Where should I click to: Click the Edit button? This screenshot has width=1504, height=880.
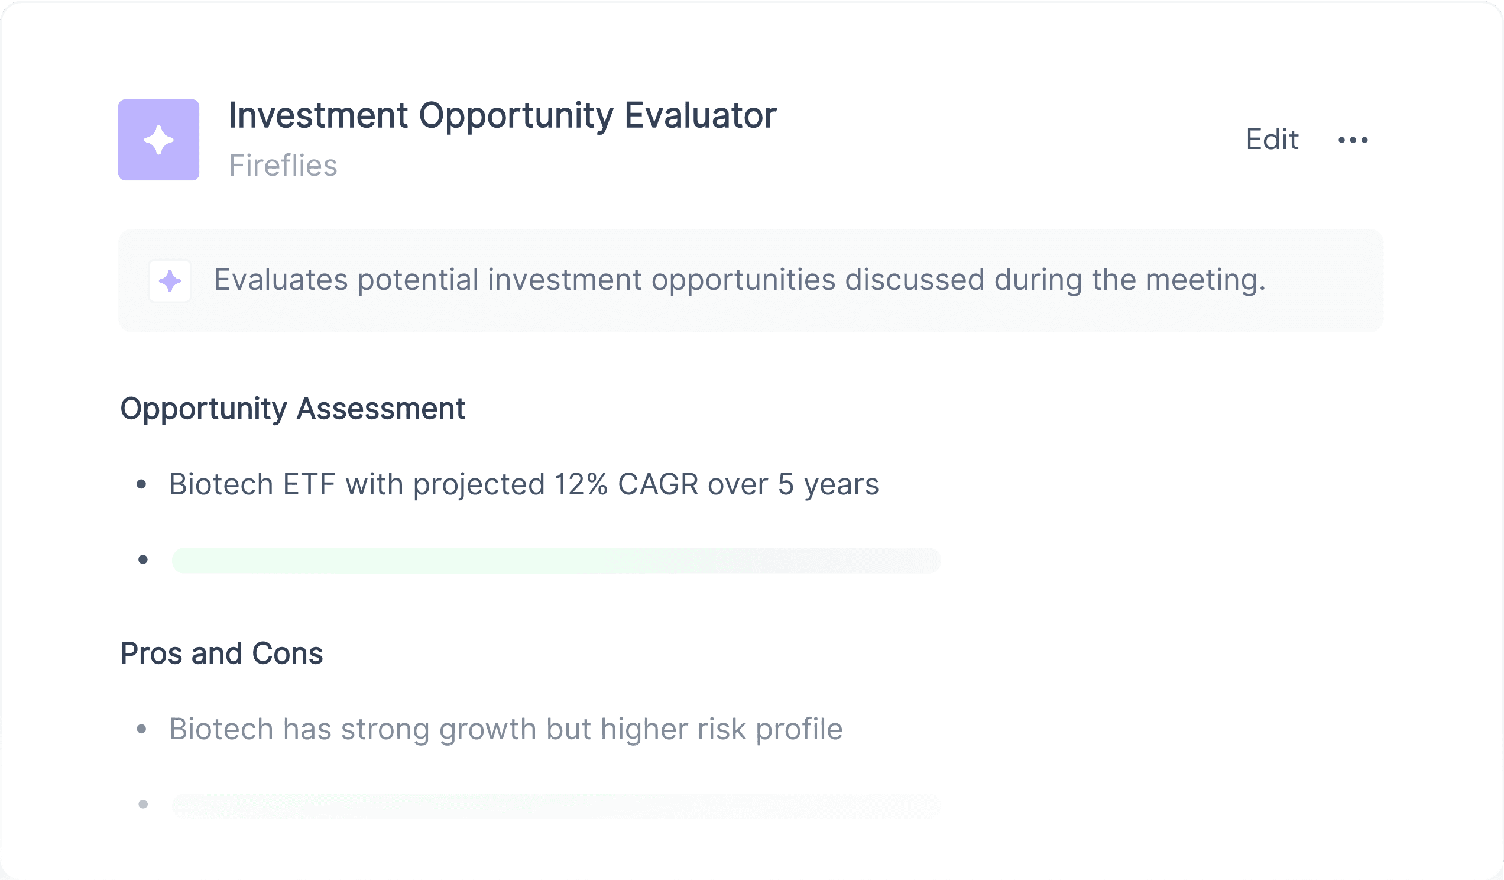point(1272,140)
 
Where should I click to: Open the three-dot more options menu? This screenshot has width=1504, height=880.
point(1353,140)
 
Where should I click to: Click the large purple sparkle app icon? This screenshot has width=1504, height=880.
point(159,140)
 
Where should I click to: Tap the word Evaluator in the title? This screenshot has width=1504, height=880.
point(700,115)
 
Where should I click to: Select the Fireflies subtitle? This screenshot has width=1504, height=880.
point(283,166)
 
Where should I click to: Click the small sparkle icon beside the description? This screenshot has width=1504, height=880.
point(170,280)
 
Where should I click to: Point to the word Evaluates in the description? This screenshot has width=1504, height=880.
point(280,279)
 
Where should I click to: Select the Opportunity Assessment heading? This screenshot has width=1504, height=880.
point(293,409)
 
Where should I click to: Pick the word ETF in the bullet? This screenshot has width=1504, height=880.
point(309,484)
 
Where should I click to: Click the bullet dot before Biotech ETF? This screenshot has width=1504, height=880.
point(141,484)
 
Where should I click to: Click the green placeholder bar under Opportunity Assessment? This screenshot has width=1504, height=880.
point(556,560)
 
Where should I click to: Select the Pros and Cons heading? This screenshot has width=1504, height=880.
point(222,653)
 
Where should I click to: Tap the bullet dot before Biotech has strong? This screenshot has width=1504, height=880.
point(141,729)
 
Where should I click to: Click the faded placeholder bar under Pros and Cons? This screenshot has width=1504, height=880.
point(556,806)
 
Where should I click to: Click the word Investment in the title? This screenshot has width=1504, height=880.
point(319,115)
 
